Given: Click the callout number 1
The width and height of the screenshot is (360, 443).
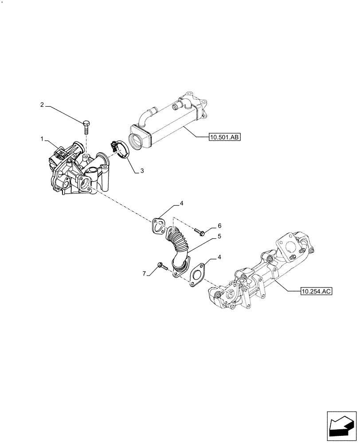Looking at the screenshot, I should point(42,139).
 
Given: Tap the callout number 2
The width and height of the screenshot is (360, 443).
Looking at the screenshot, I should point(42,105).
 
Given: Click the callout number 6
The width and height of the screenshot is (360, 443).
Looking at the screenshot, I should point(219,225).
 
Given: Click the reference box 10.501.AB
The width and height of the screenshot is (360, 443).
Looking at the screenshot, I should point(224,138).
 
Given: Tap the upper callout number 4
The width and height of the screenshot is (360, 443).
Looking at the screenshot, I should point(181,204).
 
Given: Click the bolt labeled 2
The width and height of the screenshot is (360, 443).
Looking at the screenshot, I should point(86,125).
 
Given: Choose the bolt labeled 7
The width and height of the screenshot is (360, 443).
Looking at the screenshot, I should point(161,267).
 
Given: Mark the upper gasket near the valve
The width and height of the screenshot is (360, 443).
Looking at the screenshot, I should point(157,225).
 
